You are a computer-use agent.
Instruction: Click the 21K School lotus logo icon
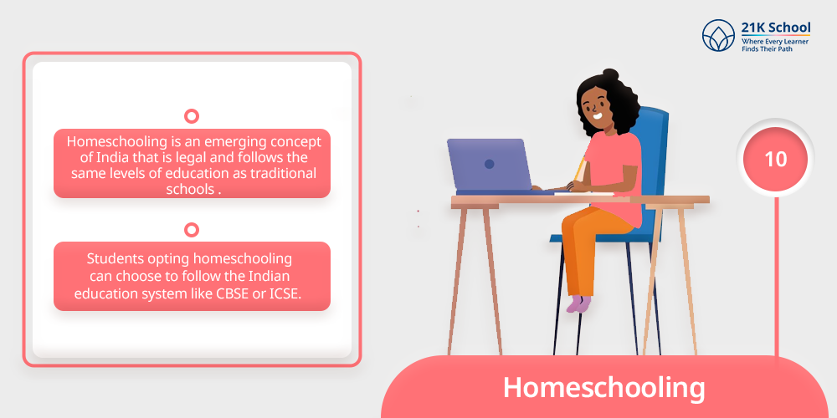click(x=718, y=35)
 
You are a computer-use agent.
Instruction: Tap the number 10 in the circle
click(x=776, y=160)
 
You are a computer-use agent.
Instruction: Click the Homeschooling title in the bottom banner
click(x=603, y=388)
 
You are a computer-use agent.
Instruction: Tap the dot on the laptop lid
click(x=489, y=164)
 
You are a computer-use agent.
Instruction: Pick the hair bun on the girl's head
click(x=611, y=74)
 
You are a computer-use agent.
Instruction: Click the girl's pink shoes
click(x=578, y=304)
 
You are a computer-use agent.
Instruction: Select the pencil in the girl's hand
click(x=580, y=170)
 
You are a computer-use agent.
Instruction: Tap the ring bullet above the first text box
click(x=191, y=116)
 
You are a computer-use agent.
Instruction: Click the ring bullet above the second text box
click(x=191, y=230)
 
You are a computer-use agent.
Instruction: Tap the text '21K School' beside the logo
click(x=776, y=28)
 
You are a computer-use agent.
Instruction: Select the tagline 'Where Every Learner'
click(x=775, y=42)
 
